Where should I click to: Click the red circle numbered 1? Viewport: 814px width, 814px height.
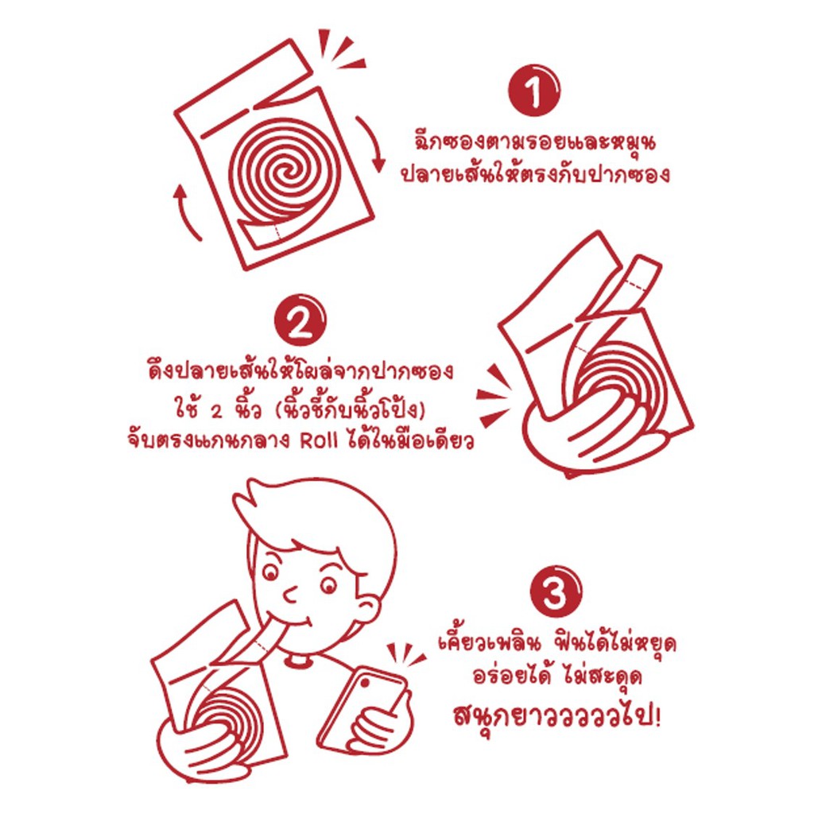(x=533, y=91)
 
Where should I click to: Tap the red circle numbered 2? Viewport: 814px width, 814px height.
(x=300, y=320)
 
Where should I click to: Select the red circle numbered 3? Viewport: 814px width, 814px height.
(x=556, y=591)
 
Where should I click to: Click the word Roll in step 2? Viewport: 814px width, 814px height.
(x=319, y=440)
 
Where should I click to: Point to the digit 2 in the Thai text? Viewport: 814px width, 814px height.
(x=216, y=411)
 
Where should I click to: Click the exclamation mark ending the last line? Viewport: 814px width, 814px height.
(x=658, y=716)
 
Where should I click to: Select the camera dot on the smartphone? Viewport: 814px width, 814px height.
(x=365, y=683)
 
